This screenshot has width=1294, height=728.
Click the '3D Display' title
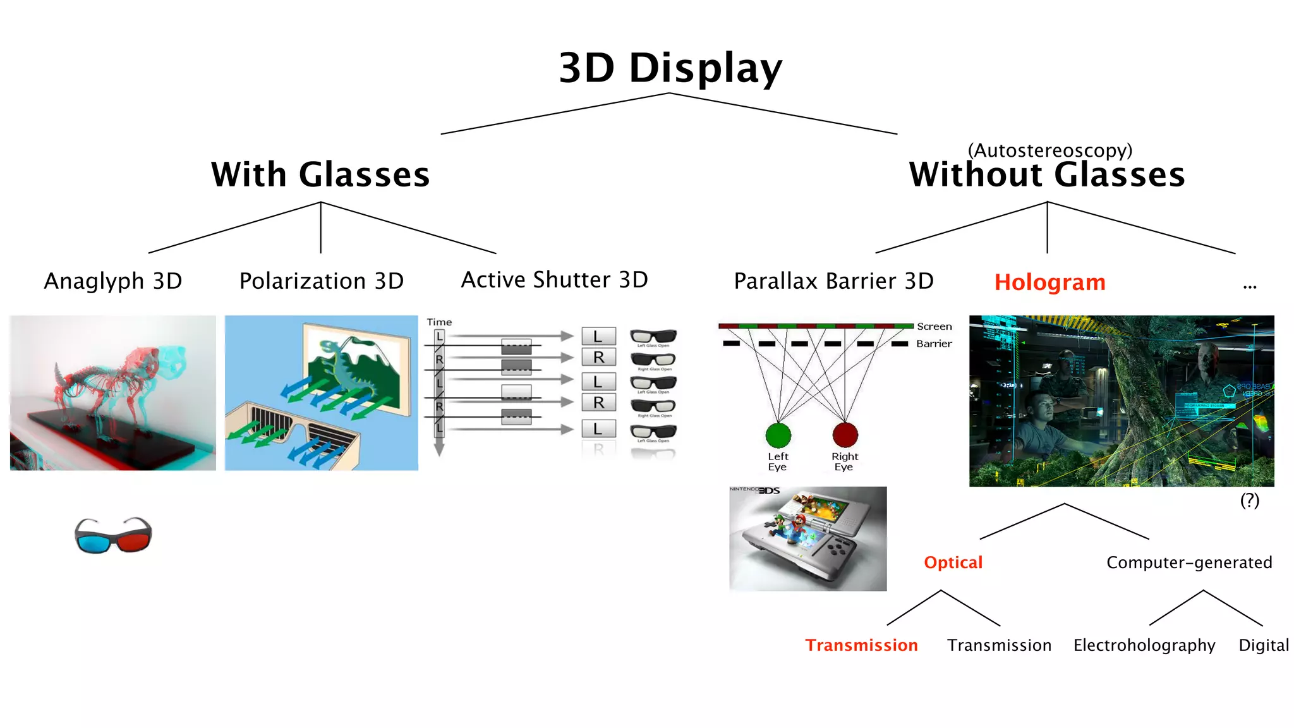(x=670, y=68)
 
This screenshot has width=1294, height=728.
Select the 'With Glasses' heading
(x=320, y=174)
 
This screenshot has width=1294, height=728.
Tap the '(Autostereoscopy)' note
(x=1049, y=150)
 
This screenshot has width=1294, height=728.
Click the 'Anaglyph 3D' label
(x=113, y=281)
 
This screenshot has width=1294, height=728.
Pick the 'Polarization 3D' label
(x=321, y=281)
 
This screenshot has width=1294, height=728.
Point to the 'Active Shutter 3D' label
(x=554, y=279)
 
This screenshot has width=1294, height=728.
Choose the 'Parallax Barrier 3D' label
(x=833, y=281)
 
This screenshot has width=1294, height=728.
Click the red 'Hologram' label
(x=1049, y=282)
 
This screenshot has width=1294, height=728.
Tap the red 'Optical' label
(x=953, y=562)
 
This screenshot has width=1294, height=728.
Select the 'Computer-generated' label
(x=1188, y=562)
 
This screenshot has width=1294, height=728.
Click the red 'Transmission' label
(x=861, y=645)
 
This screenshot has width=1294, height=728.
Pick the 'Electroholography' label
(x=1144, y=645)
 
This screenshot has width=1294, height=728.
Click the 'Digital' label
(x=1263, y=645)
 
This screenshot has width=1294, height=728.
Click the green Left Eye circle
(x=778, y=435)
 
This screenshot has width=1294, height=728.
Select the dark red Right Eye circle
(x=845, y=435)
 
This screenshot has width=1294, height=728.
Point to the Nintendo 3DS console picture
(x=807, y=538)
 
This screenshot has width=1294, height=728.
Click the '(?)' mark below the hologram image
(x=1249, y=500)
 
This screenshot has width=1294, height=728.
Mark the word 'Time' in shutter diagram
(x=439, y=322)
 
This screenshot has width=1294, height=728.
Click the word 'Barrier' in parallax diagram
(x=934, y=344)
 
